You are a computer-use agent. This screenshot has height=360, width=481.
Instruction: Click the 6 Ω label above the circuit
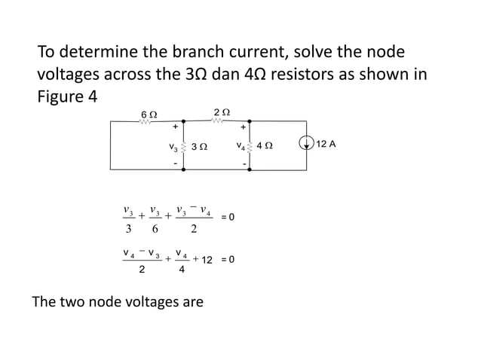pyautogui.click(x=149, y=113)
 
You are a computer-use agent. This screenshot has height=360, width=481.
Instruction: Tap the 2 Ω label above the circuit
pyautogui.click(x=222, y=111)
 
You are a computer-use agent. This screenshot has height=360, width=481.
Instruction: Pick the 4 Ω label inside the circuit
pyautogui.click(x=265, y=146)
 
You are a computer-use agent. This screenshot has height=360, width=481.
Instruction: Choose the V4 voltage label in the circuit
pyautogui.click(x=240, y=145)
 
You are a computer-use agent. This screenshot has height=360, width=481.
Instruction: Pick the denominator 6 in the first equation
pyautogui.click(x=155, y=230)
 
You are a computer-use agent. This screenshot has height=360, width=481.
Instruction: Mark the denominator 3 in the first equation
pyautogui.click(x=128, y=230)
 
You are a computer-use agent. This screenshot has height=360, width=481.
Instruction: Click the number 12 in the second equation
pyautogui.click(x=208, y=260)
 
